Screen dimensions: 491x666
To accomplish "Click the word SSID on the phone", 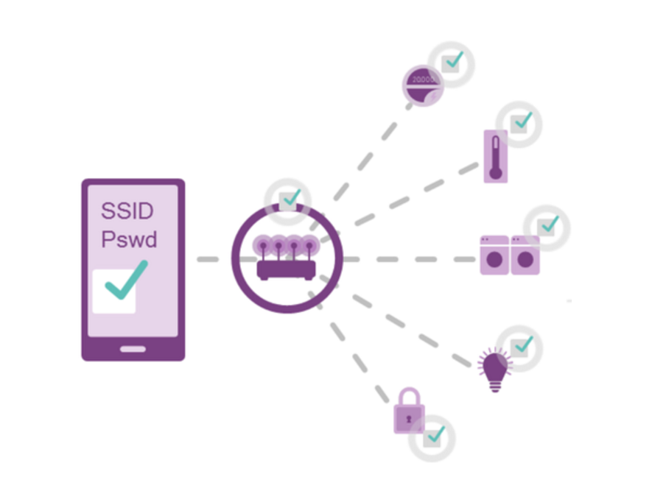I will click(127, 211).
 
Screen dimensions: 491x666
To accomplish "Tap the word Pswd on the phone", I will click(130, 240).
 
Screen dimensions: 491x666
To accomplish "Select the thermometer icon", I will click(495, 156).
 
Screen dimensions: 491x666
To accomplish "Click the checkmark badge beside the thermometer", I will click(520, 123).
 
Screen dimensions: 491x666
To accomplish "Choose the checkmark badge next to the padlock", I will click(433, 437).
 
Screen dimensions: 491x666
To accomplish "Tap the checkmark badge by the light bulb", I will click(520, 346).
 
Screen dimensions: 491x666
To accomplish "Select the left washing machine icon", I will click(494, 255).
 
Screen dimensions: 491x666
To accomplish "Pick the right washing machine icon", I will click(525, 255).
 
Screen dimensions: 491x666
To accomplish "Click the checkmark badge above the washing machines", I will click(547, 227).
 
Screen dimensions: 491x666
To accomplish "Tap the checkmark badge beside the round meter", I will click(452, 63).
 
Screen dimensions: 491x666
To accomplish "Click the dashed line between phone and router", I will click(214, 259).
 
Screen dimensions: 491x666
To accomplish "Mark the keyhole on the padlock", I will click(407, 417).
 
